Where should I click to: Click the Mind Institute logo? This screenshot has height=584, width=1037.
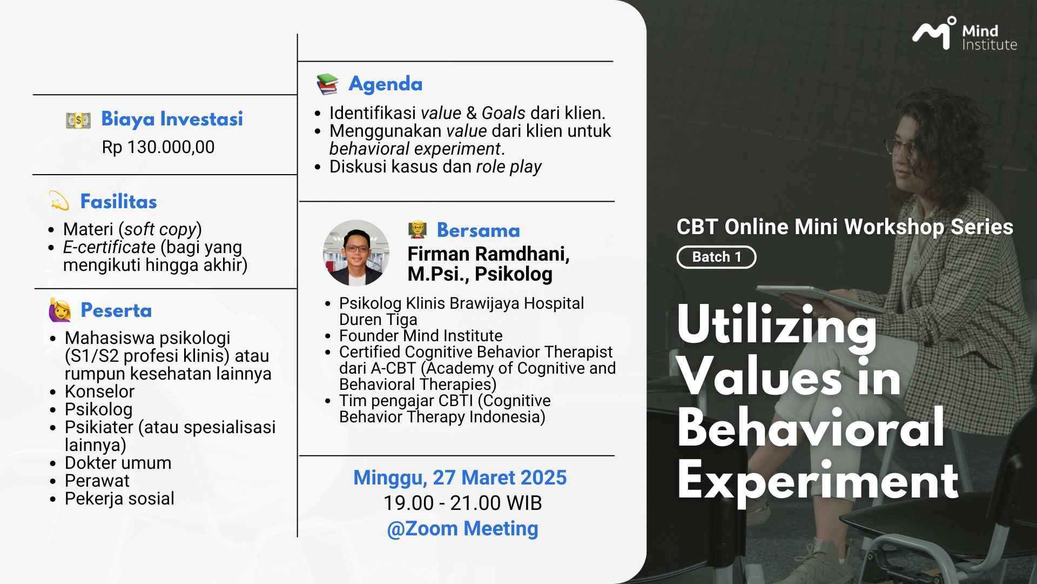[x=965, y=34]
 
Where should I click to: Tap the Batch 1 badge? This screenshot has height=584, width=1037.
[x=716, y=257]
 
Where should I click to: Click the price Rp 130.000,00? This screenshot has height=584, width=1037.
[x=158, y=147]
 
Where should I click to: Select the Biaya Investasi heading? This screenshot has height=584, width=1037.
[x=172, y=119]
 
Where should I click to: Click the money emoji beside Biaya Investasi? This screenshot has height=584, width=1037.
[x=78, y=120]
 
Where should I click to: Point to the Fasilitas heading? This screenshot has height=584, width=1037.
[x=118, y=202]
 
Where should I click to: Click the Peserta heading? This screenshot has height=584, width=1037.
[x=116, y=310]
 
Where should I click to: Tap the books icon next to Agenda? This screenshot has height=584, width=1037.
[x=327, y=84]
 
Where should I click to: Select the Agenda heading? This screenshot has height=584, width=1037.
[x=386, y=84]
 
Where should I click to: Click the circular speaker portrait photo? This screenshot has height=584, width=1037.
[x=356, y=253]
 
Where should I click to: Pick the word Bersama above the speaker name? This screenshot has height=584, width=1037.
[x=478, y=230]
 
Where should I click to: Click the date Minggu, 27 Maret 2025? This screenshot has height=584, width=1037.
[x=460, y=478]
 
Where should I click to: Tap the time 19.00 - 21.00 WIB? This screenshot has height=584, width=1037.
[x=462, y=503]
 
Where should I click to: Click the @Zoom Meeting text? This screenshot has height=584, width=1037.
[x=462, y=528]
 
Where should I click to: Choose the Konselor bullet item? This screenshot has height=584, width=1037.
[x=99, y=391]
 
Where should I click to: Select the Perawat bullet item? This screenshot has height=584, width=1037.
[x=97, y=480]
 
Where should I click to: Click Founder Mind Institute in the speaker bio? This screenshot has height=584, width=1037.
[x=421, y=335]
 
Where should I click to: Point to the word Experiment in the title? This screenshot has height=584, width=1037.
[x=818, y=480]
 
